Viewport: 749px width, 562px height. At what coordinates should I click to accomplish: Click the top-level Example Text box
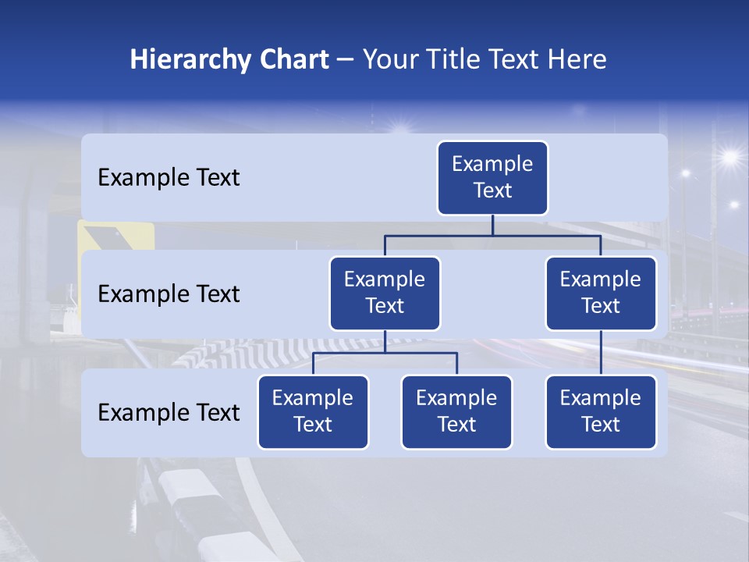[x=492, y=178]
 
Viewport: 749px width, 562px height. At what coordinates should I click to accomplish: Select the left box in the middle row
[x=385, y=293]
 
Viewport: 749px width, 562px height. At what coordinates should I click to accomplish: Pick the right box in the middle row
[x=601, y=293]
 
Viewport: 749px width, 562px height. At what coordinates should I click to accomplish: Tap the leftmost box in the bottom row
[x=313, y=412]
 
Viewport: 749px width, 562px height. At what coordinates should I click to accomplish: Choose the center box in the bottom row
[x=456, y=412]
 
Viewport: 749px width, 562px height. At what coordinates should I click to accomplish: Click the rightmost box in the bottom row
[x=601, y=412]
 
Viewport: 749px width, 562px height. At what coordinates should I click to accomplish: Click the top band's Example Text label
[x=169, y=178]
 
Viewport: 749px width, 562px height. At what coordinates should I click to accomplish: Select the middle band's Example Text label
[x=169, y=294]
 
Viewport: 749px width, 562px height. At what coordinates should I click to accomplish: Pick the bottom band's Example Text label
[x=169, y=412]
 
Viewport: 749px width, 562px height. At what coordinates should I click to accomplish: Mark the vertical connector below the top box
[x=492, y=225]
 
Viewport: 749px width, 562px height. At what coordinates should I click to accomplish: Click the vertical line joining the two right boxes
[x=601, y=353]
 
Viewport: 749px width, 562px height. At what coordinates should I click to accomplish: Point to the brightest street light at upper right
[x=729, y=157]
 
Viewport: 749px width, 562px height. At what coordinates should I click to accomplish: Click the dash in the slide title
[x=345, y=60]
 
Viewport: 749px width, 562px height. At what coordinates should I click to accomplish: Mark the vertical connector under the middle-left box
[x=385, y=341]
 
